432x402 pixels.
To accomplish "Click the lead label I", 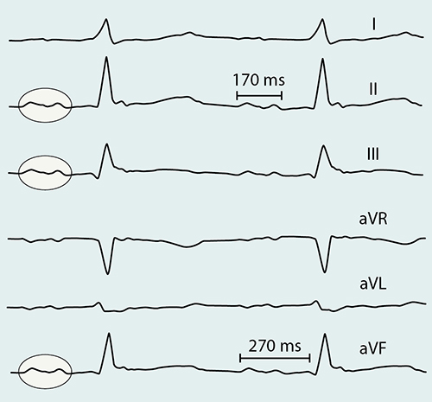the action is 373,24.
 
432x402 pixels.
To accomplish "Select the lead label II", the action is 373,89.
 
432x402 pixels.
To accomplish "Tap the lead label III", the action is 373,154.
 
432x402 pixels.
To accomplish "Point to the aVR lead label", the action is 373,219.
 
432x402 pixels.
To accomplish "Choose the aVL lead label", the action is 373,284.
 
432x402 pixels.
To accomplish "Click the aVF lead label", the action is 373,348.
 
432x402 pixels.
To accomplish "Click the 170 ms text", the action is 258,80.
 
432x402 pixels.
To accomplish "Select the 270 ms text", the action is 275,346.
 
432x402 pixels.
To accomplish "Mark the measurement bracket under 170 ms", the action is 259,95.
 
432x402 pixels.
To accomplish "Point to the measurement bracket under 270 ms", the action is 275,359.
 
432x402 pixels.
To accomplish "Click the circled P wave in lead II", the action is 45,105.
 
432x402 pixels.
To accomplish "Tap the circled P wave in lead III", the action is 45,173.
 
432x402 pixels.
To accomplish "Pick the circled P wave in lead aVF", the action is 45,371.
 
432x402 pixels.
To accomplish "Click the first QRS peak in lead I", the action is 106,19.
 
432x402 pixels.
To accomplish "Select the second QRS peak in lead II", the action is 322,59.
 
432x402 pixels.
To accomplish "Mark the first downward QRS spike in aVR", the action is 107,274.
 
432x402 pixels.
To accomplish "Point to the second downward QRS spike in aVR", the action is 324,272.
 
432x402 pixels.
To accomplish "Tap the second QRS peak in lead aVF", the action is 325,334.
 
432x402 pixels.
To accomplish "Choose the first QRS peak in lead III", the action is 107,144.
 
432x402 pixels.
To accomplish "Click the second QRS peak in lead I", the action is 322,19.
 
